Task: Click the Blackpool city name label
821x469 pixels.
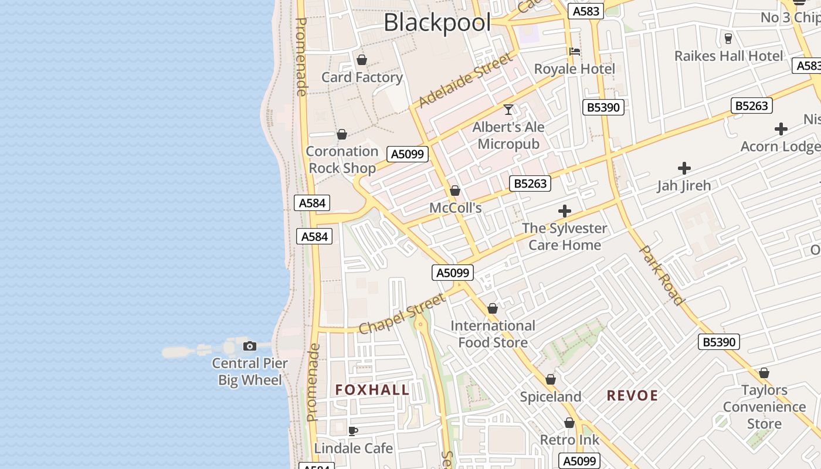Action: point(437,23)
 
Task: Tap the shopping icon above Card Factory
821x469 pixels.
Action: point(362,60)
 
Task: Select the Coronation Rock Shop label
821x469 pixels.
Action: point(342,159)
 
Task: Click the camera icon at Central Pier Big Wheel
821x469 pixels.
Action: point(250,346)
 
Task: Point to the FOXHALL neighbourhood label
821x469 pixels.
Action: point(372,390)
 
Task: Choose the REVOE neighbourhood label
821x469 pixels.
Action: point(632,396)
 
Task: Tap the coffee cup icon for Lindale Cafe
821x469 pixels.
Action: point(353,431)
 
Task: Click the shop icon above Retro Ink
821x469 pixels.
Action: point(569,423)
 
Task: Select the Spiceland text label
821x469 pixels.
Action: point(551,397)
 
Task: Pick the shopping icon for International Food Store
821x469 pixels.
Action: point(493,308)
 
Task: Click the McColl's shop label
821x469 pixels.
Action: point(456,208)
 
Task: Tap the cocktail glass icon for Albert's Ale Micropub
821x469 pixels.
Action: point(508,110)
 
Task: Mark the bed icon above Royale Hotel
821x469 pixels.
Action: point(575,52)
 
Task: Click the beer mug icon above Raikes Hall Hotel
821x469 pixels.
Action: point(728,39)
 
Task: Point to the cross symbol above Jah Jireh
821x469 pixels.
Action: point(684,169)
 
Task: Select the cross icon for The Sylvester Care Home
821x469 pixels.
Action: point(565,211)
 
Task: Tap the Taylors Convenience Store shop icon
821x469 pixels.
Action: point(764,373)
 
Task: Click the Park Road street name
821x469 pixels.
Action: point(661,275)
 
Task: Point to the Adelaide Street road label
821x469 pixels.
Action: point(466,80)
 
